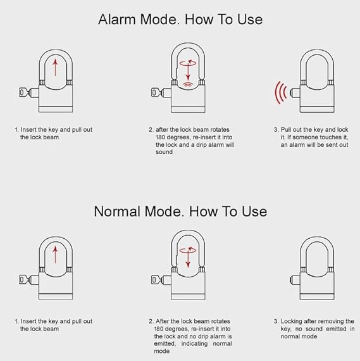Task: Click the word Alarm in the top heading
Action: pos(116,19)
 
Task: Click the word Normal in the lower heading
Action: pos(118,210)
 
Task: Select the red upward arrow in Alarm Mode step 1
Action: pos(56,66)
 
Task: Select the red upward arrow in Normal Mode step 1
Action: pos(56,256)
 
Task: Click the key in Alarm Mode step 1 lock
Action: pos(25,94)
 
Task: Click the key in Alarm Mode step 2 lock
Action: pos(156,94)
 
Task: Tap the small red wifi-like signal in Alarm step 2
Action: pos(187,83)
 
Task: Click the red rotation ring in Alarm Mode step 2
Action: pos(187,63)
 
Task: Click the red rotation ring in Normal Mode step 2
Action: pos(187,251)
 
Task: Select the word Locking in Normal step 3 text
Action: pos(294,321)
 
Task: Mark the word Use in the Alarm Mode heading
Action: pos(248,19)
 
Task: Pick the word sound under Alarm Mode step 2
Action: pos(163,152)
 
